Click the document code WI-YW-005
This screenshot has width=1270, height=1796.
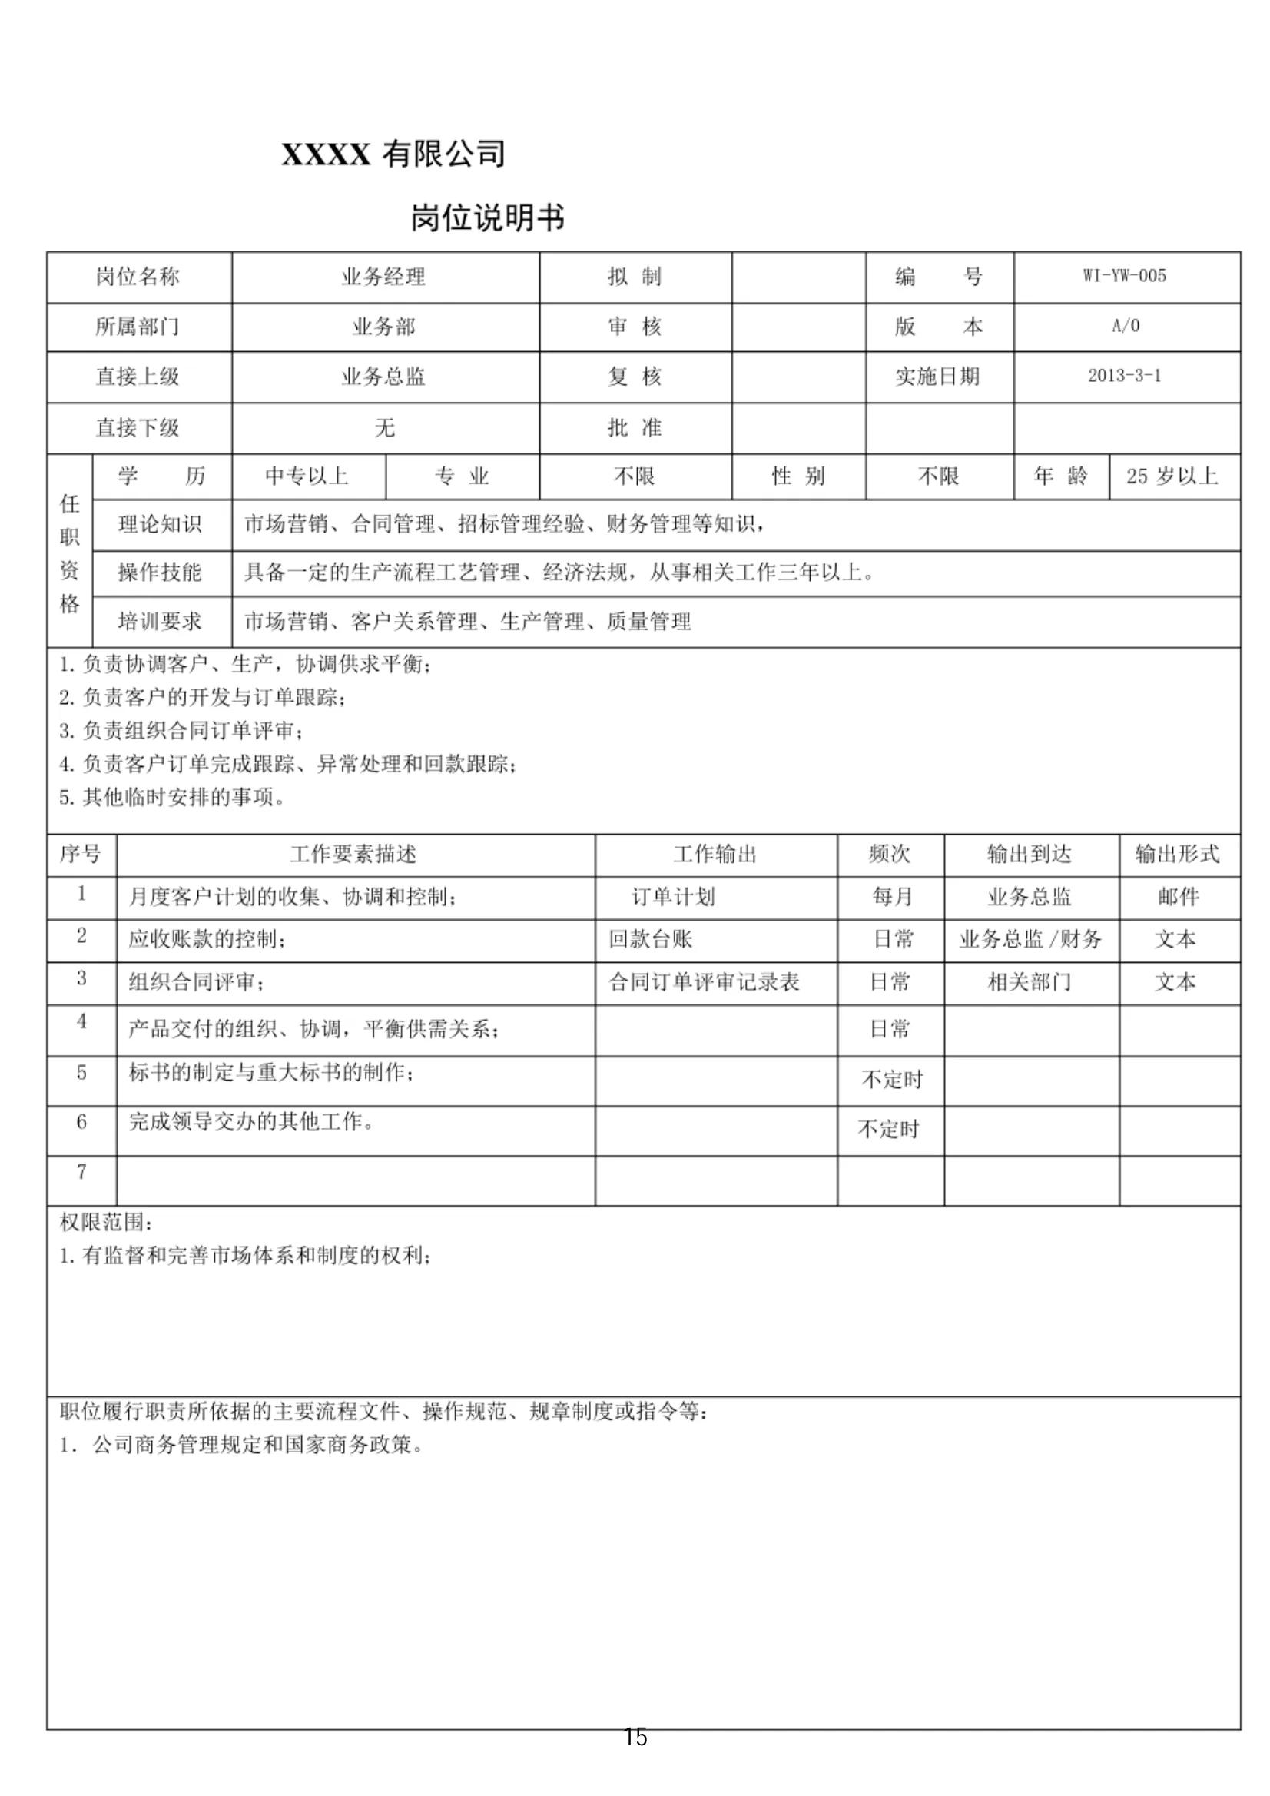click(x=1124, y=275)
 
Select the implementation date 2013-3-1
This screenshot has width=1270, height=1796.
click(x=1124, y=376)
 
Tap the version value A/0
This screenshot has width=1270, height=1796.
click(x=1126, y=326)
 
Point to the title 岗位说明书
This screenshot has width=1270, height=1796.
click(x=487, y=217)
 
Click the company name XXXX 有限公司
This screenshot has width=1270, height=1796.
click(x=393, y=154)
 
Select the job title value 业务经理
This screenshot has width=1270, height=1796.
click(x=383, y=276)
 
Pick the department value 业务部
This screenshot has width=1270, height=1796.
click(x=383, y=326)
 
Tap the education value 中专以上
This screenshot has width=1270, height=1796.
click(x=307, y=476)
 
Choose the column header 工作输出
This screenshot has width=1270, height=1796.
click(x=715, y=853)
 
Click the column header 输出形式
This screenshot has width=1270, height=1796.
click(x=1177, y=853)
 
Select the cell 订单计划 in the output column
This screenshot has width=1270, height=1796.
click(x=672, y=896)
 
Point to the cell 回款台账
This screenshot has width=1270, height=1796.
click(x=651, y=938)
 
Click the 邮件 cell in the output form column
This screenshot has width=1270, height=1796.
click(x=1178, y=896)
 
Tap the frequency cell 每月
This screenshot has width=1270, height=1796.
click(x=892, y=896)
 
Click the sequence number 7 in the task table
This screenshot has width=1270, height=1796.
click(x=81, y=1172)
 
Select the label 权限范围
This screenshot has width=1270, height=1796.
click(x=106, y=1222)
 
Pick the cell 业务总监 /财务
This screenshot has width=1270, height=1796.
click(x=1030, y=938)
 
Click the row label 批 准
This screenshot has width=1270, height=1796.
click(x=634, y=427)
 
